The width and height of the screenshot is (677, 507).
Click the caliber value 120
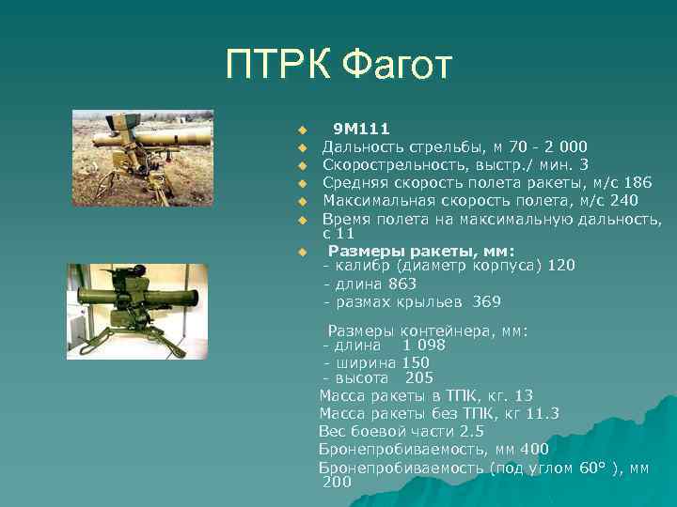point(560,266)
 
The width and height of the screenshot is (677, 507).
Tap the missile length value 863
point(401,284)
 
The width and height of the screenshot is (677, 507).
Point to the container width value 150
point(415,361)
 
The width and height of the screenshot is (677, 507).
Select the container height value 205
point(418,378)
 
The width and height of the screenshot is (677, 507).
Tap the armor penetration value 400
point(534,449)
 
